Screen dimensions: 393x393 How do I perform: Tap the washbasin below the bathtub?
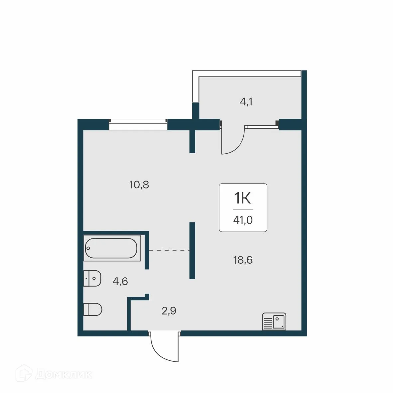(x=92, y=278)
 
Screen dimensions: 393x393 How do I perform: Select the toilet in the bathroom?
(x=93, y=309)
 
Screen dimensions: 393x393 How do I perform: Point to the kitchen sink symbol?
(x=274, y=322)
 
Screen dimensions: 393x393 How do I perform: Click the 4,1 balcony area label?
(x=246, y=102)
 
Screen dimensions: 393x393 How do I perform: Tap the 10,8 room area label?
(x=139, y=185)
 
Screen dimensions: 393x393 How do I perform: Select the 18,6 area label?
(x=243, y=260)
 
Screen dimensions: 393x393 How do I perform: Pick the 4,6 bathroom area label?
(x=120, y=282)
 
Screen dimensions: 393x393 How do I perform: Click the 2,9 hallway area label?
(x=169, y=311)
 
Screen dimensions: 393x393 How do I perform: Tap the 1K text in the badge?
(x=243, y=199)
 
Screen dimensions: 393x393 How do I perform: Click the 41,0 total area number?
(x=243, y=220)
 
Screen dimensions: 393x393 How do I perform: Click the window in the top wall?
(x=138, y=125)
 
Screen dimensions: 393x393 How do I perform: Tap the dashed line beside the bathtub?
(x=169, y=250)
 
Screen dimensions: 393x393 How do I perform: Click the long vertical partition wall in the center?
(x=192, y=250)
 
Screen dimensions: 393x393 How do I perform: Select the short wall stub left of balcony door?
(x=192, y=141)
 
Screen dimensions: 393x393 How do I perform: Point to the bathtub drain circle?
(x=88, y=248)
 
